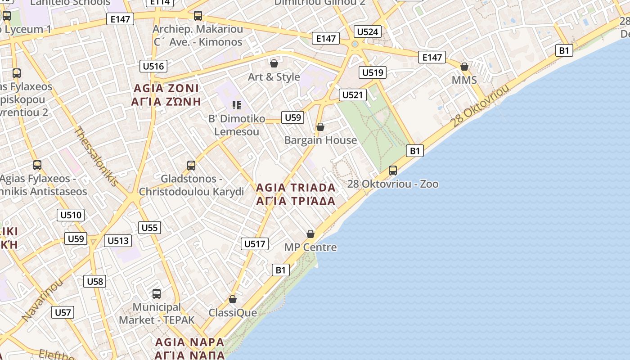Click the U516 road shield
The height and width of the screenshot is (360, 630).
pos(153,66)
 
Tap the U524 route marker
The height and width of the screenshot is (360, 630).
pos(368,31)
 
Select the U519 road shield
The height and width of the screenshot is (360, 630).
pos(373,72)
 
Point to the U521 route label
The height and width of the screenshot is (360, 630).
pos(352,95)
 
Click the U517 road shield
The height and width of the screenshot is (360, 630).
pos(255,244)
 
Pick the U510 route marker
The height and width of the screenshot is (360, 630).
pos(71,215)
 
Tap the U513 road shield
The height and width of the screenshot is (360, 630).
pos(118,241)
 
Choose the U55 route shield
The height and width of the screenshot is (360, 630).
pos(149,228)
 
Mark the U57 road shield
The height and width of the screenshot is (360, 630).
pos(63,312)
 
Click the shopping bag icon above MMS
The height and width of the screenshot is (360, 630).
pos(464,67)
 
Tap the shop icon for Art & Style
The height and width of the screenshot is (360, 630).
pos(274,63)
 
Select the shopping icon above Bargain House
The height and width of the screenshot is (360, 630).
pos(320,127)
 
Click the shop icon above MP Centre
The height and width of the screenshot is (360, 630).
pos(310,234)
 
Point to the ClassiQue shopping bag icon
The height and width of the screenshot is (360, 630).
pos(233,299)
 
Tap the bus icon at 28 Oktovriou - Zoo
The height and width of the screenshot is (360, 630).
pos(393,171)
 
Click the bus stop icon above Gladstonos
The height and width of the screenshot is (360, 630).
pos(191,166)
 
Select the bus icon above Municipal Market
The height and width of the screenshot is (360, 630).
pos(157,294)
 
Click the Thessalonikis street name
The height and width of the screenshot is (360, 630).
pos(96,157)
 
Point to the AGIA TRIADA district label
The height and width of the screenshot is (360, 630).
pos(296,194)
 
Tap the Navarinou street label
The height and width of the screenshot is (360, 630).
pos(42,300)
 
